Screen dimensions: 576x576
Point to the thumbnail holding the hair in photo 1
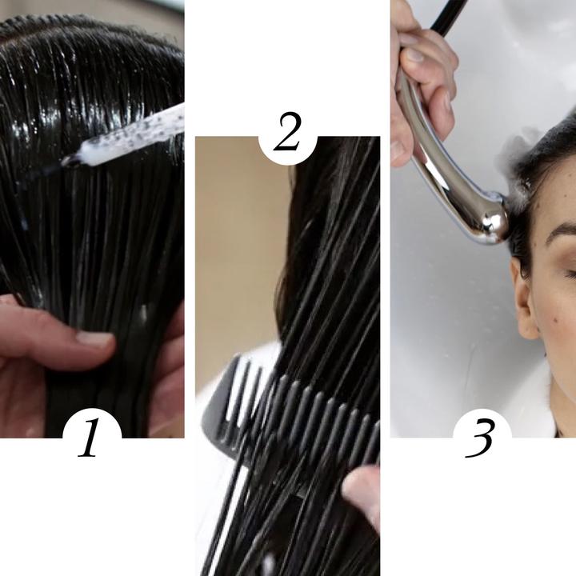coord(94,338)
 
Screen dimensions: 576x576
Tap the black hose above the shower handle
coord(447,18)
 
